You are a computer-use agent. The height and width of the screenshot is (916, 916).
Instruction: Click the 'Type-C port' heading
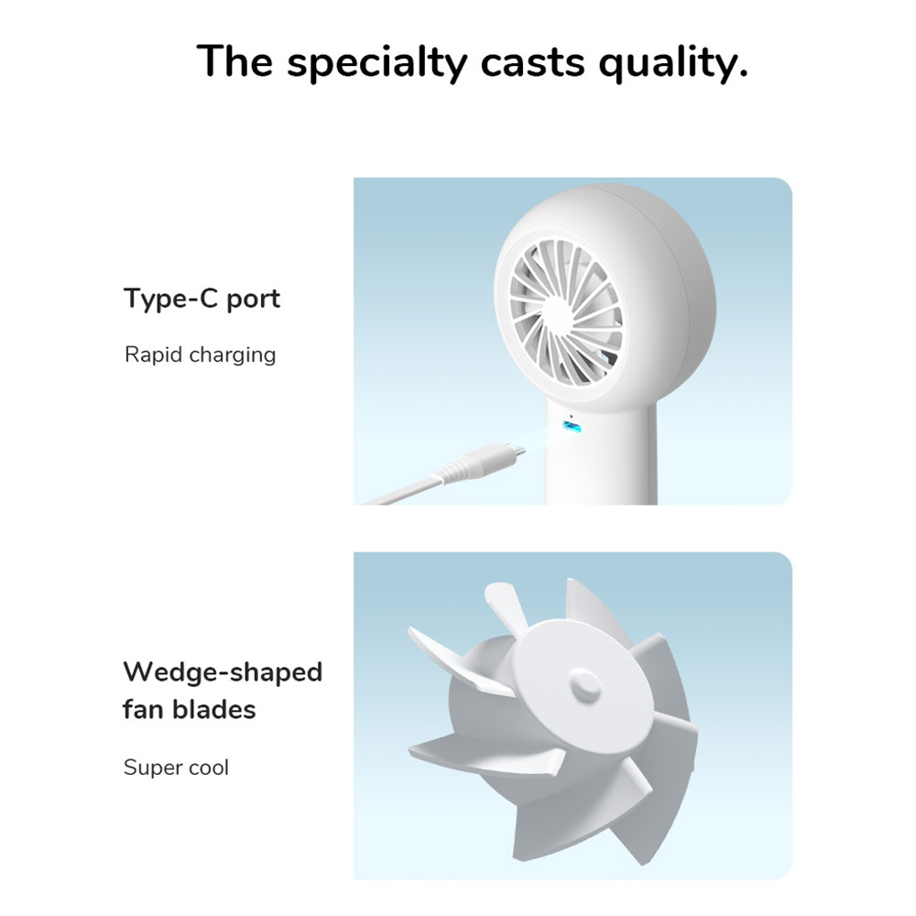202,300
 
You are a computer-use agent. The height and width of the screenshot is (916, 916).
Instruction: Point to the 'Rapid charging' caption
200,354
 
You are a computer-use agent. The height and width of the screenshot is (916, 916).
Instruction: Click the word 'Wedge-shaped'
223,672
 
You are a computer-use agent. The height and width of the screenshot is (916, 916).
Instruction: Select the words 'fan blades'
190,709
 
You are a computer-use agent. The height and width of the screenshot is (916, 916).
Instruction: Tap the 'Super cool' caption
176,768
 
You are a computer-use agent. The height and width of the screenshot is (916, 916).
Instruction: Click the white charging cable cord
403,491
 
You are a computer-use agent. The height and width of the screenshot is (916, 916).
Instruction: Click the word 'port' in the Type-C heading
253,300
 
